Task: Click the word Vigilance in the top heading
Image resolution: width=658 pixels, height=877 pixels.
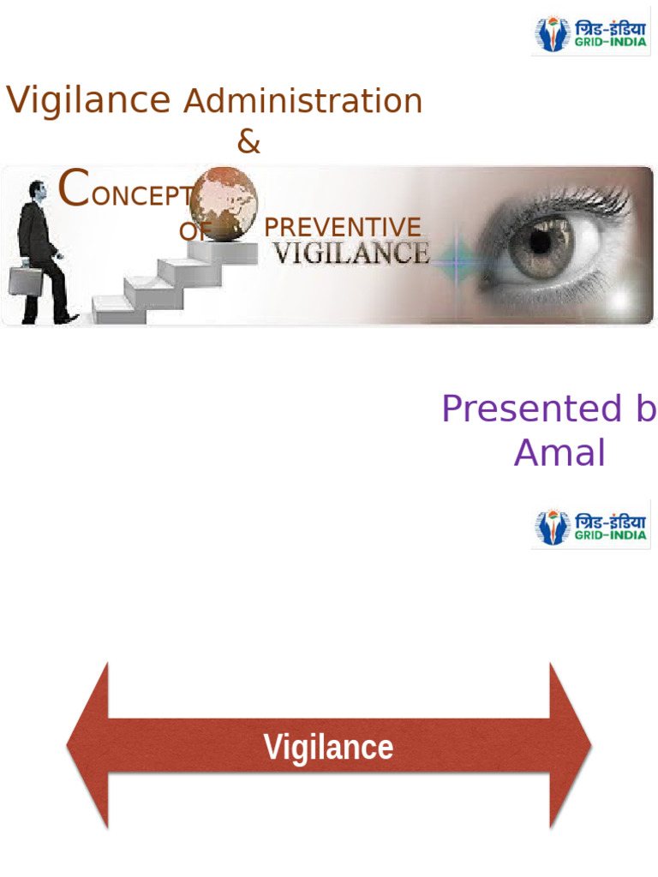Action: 88,101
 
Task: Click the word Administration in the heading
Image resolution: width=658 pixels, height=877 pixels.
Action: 303,101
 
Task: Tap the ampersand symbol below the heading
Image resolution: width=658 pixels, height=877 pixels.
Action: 248,143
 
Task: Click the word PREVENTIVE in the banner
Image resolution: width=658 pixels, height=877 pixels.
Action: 343,228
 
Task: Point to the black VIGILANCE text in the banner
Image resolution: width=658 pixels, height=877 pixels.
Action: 351,254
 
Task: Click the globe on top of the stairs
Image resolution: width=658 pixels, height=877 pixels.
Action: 225,202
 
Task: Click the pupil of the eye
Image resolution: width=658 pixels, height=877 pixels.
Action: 539,242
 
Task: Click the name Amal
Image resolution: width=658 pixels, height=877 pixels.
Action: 559,452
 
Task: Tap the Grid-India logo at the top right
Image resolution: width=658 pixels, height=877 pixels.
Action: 590,34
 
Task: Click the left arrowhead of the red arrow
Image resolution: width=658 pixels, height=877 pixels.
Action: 90,746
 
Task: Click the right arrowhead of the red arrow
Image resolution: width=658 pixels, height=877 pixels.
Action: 569,746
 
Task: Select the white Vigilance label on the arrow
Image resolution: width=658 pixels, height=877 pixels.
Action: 328,747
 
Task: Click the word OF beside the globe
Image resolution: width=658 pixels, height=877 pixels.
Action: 193,231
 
